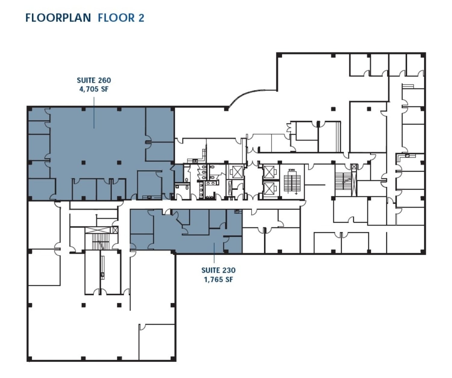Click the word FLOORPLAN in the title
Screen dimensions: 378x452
[58, 18]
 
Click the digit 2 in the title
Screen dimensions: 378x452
[141, 18]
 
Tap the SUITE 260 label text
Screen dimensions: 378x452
[94, 80]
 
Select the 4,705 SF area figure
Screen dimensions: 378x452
[94, 89]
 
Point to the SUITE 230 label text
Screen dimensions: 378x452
[218, 270]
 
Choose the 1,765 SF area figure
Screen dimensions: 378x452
[218, 280]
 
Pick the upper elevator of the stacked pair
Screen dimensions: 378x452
[269, 172]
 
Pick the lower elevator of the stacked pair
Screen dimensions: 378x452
[269, 189]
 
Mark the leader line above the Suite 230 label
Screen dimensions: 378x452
[214, 253]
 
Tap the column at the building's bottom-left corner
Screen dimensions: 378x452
[30, 359]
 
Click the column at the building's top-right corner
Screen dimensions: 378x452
[423, 55]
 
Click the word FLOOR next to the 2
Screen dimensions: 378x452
[117, 18]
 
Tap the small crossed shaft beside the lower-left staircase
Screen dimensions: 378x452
[115, 230]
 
